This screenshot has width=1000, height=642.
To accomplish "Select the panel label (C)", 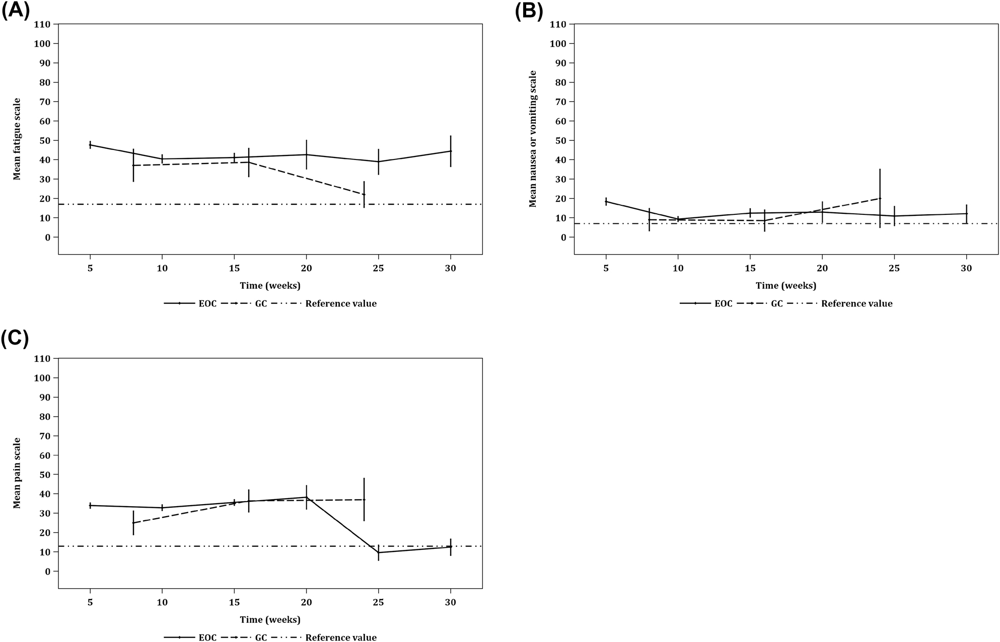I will pyautogui.click(x=15, y=338).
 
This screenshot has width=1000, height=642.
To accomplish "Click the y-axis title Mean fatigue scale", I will pyautogui.click(x=17, y=139).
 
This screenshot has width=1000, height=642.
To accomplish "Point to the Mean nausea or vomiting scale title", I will pyautogui.click(x=533, y=139).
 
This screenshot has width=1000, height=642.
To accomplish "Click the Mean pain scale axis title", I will pyautogui.click(x=17, y=473).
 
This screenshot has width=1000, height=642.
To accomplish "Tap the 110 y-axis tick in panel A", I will pyautogui.click(x=43, y=24).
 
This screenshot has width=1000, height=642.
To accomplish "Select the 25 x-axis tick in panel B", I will pyautogui.click(x=894, y=269).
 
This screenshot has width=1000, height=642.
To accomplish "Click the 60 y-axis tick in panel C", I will pyautogui.click(x=45, y=455).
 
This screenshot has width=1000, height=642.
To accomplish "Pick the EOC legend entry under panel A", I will pyautogui.click(x=207, y=303).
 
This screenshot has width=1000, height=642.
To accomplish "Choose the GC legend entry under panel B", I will pyautogui.click(x=777, y=303).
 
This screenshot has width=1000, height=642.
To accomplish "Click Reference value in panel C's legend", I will pyautogui.click(x=341, y=637).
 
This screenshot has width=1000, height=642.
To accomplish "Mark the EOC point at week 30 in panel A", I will pyautogui.click(x=451, y=151).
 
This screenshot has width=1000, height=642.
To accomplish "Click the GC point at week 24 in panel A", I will pyautogui.click(x=364, y=195).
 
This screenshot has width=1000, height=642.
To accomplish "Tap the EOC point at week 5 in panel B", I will pyautogui.click(x=606, y=201).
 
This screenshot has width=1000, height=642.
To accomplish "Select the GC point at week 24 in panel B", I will pyautogui.click(x=880, y=198).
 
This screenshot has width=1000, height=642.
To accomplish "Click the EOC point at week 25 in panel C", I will pyautogui.click(x=379, y=552).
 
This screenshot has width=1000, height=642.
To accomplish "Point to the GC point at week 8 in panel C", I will pyautogui.click(x=133, y=523).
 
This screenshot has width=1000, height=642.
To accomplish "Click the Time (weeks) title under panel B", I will pyautogui.click(x=785, y=286).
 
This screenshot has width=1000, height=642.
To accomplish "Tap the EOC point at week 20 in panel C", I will pyautogui.click(x=306, y=497).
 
